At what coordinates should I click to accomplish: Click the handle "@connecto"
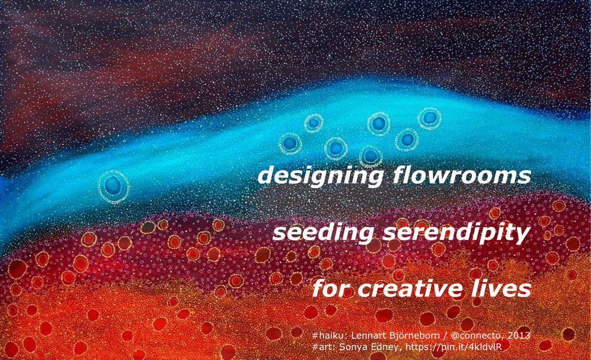[477, 335]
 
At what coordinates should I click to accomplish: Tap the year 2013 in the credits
[519, 335]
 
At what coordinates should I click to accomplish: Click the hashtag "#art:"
[324, 347]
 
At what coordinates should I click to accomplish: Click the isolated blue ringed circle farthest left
[114, 185]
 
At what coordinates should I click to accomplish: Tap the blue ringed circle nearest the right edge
[429, 118]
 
